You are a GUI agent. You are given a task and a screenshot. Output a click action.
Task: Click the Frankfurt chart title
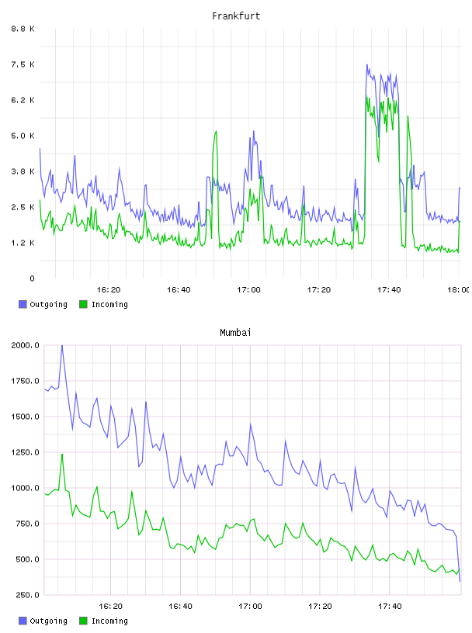coord(236,16)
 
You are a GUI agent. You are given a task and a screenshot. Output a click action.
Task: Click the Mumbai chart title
coord(235,333)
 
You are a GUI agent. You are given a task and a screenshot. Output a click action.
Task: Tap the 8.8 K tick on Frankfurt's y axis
coord(23,29)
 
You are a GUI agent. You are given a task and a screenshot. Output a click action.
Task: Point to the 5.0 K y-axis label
coord(23,136)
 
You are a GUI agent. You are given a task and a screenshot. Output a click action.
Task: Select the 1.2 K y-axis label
coord(23,243)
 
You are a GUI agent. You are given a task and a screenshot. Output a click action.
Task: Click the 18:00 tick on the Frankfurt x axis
coord(459,290)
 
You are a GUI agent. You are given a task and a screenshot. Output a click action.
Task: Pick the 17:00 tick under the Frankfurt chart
coord(248,290)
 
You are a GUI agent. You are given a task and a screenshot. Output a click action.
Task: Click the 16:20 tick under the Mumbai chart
coord(110,607)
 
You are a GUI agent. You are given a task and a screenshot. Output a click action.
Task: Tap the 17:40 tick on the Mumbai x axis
coord(390,607)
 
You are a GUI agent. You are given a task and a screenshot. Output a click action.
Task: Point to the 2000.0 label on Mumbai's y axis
coord(25,345)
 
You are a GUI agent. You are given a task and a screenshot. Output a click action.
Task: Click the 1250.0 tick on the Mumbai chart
coord(25,452)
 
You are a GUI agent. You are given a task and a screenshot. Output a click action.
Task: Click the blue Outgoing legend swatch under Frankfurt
coord(23,304)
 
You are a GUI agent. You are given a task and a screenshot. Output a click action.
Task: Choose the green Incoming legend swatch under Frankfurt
coord(83,304)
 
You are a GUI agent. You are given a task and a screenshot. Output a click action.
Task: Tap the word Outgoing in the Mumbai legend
coord(48,621)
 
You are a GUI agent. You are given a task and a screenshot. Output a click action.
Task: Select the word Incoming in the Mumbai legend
coord(109,621)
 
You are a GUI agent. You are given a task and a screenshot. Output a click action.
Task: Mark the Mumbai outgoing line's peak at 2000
coord(62,346)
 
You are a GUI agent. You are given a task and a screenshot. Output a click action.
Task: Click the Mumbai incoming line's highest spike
coord(62,455)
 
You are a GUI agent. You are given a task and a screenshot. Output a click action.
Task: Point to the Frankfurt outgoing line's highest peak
coord(367,64)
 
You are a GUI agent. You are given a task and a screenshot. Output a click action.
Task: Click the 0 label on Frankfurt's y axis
coord(32,278)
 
